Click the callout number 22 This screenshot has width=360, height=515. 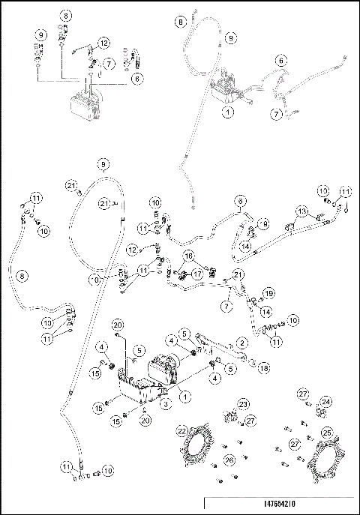point(181,430)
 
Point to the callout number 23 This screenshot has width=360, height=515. point(243,404)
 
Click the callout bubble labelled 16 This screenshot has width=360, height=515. point(189,256)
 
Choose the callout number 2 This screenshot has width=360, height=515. point(241,342)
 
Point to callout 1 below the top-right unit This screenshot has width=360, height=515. point(226,110)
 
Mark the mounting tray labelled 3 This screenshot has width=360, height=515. point(139,392)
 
